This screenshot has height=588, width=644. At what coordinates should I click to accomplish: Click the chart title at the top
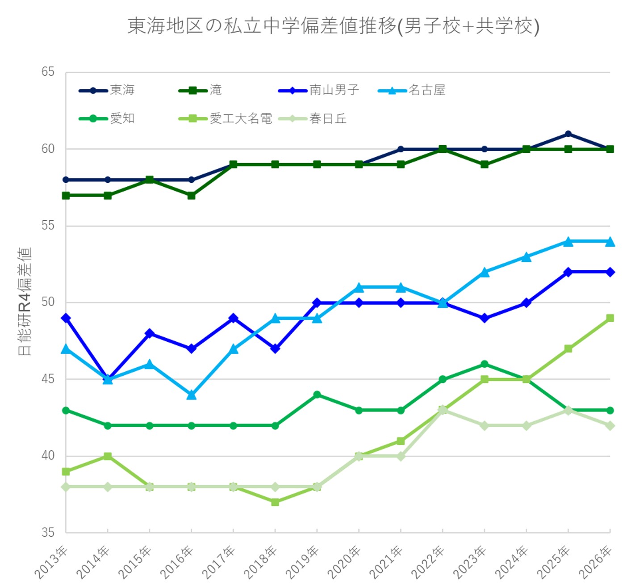[333, 26]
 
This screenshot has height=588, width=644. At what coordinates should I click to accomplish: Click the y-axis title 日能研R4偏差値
[25, 302]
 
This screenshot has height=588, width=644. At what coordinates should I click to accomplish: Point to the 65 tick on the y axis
[48, 72]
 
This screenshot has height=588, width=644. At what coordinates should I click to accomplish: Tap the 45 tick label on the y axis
[48, 379]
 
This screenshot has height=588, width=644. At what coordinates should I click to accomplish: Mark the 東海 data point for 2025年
[568, 134]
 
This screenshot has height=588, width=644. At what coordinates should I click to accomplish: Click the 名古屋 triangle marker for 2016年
[191, 395]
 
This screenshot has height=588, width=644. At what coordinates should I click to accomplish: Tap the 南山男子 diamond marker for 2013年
[66, 318]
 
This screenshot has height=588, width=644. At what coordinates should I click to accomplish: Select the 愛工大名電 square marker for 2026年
[610, 318]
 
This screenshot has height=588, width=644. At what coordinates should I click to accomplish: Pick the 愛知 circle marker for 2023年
[485, 364]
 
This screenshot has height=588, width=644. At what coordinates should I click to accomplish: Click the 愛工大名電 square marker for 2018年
[275, 502]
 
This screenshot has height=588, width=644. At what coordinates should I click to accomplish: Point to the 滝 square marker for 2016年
[191, 196]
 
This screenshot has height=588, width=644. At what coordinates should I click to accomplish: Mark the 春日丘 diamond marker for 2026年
[610, 426]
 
